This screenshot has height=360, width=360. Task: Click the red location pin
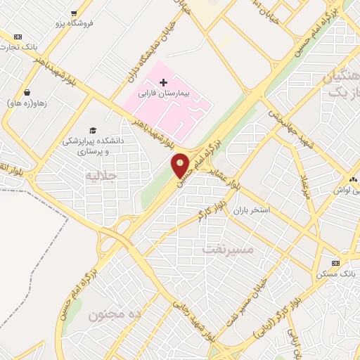(181, 165)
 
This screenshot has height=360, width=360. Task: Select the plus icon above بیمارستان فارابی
(163, 82)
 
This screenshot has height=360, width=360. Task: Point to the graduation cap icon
(92, 130)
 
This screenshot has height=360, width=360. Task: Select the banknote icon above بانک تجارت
(18, 37)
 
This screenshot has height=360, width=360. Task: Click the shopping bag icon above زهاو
(27, 92)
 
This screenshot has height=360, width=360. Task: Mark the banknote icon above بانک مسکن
(335, 262)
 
